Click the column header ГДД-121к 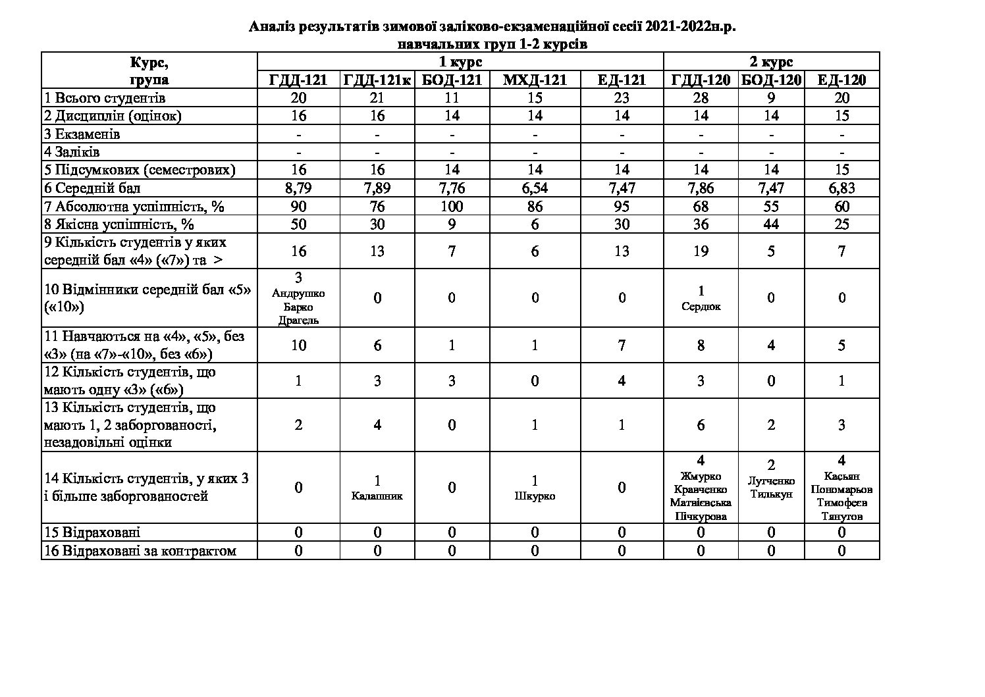point(377,80)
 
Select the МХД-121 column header point(535,80)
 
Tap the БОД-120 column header point(771,80)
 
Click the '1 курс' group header point(460,63)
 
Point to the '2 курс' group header point(771,63)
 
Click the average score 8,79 point(298,188)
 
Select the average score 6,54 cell point(535,188)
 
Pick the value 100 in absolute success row point(452,207)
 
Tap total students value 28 point(701,98)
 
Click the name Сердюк point(701,306)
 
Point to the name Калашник point(377,496)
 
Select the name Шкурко point(535,496)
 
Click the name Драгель point(298,321)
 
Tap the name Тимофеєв point(841,503)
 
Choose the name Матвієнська point(701,503)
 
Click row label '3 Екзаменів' point(82,134)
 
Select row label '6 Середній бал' point(92,188)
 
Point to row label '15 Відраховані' point(92,532)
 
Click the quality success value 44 point(771,224)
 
